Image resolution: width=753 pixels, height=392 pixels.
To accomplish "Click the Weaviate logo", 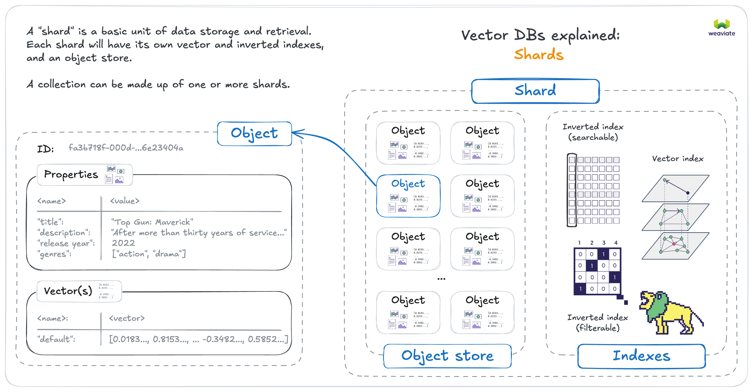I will pos(721,27).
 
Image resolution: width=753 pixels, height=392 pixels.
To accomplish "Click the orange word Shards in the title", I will pos(539,55).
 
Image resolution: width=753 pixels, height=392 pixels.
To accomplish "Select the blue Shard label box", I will pos(535,91).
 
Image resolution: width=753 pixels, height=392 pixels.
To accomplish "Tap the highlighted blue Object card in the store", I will pos(408,196).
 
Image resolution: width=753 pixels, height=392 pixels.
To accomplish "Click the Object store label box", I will pos(447,356).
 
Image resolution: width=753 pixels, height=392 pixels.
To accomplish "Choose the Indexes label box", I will pos(641,356).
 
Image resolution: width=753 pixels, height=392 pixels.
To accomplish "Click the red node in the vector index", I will pos(674,244).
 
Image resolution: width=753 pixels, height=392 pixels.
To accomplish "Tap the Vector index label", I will pos(678,159).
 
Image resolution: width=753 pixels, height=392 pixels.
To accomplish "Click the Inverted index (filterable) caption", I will pos(597,323).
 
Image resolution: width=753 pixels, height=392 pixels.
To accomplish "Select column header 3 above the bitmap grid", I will pos(604,243).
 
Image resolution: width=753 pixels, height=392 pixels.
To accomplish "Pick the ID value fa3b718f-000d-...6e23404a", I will pos(126,148).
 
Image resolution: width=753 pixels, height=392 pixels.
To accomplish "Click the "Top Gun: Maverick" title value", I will pos(152,222).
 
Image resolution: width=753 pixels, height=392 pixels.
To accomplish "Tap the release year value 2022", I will pos(123,243).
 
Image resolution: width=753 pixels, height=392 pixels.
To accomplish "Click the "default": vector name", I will pos(56,339).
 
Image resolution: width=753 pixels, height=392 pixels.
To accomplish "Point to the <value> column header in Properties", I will pos(125,201).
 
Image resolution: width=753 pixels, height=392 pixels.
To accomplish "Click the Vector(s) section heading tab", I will pos(68,291).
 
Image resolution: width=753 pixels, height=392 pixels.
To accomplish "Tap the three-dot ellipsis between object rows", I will pos(441,279).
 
